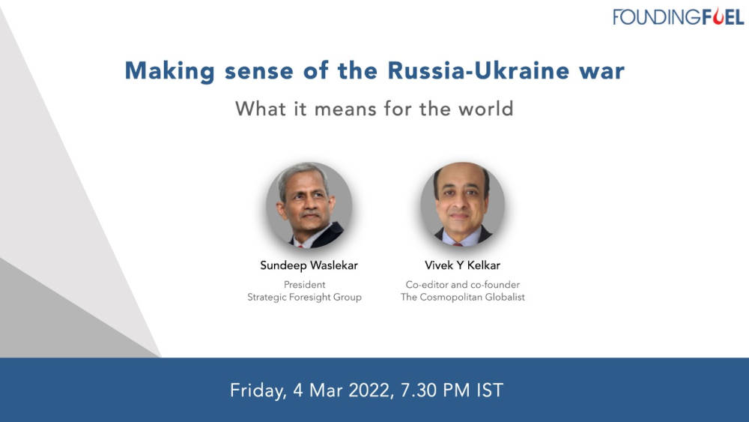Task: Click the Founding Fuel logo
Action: pyautogui.click(x=678, y=16)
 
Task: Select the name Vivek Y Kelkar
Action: pyautogui.click(x=462, y=265)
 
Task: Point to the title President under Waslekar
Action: pyautogui.click(x=304, y=285)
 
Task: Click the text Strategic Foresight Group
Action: pyautogui.click(x=304, y=298)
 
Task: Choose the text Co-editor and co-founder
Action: pyautogui.click(x=462, y=285)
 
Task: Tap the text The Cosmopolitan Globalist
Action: pyautogui.click(x=462, y=298)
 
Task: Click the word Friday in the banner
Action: pyautogui.click(x=256, y=391)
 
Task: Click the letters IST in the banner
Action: pyautogui.click(x=488, y=391)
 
